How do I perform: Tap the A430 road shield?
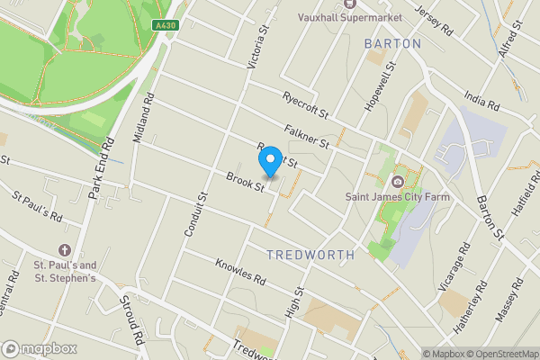165,26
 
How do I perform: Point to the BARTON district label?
393,43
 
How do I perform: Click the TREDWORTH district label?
310,255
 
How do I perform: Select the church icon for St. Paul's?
65,249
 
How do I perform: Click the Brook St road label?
244,182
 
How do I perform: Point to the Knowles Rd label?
240,272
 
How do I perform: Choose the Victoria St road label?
258,47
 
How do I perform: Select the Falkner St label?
307,138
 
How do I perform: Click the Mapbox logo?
40,348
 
